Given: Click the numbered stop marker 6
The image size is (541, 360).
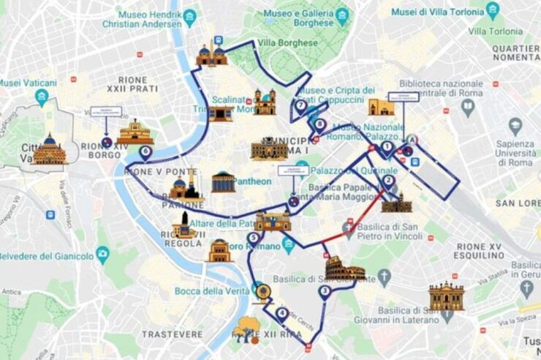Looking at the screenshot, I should point(145,152).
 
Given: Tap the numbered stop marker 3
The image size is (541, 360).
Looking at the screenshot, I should point(325,291).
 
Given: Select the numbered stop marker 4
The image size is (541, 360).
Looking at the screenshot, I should point(282,314).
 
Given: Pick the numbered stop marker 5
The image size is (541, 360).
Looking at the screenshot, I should point(254,237).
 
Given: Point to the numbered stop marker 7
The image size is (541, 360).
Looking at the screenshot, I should point(300,105).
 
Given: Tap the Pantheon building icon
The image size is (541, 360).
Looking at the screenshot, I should point(224,181).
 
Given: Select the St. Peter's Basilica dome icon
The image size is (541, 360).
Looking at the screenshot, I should point(50,149).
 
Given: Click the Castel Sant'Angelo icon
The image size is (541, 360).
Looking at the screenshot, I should point(135,132).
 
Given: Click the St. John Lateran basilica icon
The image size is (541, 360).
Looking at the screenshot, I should point(446,296).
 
